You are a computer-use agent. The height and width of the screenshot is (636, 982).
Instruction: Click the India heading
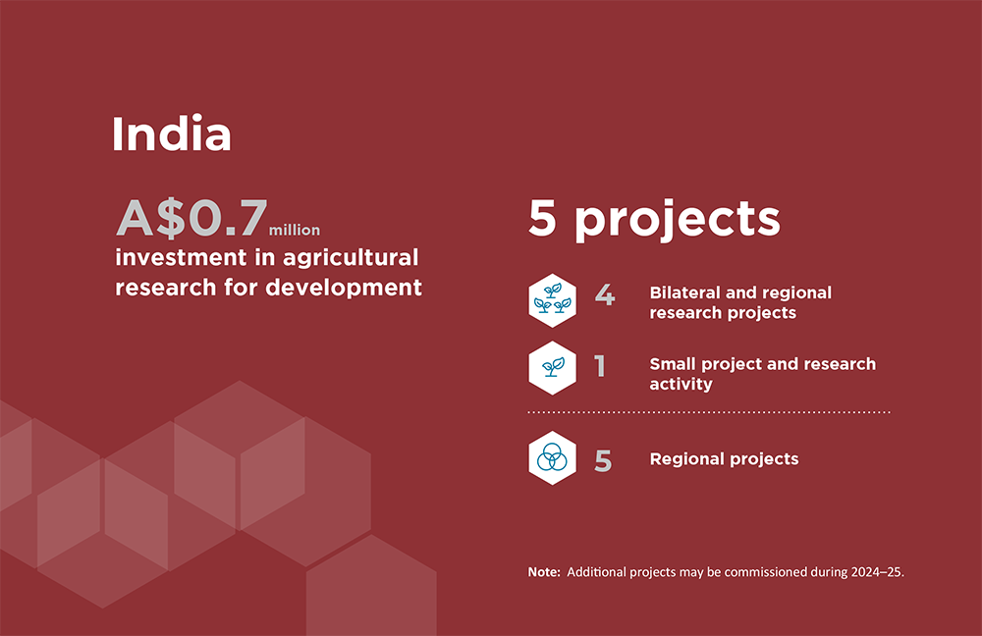[172, 133]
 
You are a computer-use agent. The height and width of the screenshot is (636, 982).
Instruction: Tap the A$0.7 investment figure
[192, 219]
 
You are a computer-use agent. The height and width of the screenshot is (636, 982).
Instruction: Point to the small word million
[295, 231]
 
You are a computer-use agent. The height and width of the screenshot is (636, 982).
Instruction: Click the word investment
[181, 257]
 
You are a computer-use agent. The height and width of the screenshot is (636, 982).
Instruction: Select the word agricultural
[351, 258]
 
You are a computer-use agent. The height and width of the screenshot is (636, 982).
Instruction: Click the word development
[344, 288]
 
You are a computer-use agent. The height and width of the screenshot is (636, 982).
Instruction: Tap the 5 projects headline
[654, 219]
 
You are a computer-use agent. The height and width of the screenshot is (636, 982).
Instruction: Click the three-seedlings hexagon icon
[552, 300]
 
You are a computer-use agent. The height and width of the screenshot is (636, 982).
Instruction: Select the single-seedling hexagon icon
[552, 368]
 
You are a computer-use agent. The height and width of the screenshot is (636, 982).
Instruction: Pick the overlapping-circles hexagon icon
[552, 458]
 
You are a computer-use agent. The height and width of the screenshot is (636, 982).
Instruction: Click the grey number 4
[604, 294]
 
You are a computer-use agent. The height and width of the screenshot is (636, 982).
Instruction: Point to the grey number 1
[600, 366]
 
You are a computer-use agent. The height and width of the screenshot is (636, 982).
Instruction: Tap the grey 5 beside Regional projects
[603, 461]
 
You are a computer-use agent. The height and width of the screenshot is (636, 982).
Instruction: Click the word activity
[681, 385]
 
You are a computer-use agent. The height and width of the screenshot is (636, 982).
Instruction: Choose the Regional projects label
[724, 459]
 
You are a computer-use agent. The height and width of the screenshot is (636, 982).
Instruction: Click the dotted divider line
[709, 412]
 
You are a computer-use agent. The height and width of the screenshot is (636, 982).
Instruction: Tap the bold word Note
[544, 572]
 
